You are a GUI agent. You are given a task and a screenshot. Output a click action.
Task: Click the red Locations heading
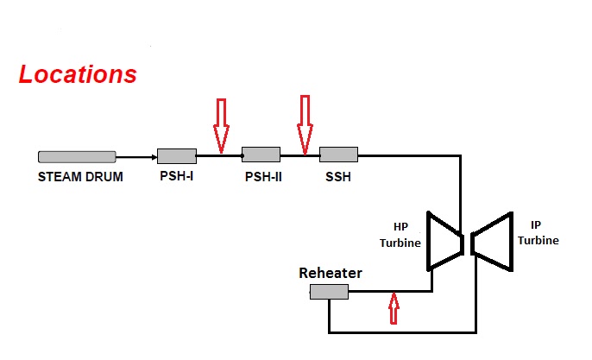point(78,74)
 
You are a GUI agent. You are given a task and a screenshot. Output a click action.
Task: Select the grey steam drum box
point(77,156)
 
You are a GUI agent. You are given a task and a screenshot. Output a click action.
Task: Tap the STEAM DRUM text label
point(80,178)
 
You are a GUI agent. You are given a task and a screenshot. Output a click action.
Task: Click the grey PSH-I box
point(177,156)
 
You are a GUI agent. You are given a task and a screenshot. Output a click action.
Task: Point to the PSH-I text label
point(177,178)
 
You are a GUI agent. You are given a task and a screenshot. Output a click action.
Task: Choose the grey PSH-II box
point(261,155)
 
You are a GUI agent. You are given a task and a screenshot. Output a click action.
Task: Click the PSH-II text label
point(264,178)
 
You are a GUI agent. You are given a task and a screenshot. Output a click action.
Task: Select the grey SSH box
point(338,155)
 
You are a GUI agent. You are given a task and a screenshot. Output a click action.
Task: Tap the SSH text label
point(338,178)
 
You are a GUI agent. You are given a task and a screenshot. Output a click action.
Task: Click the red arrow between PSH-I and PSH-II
point(221,124)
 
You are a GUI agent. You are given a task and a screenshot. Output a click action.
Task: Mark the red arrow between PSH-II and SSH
point(304,123)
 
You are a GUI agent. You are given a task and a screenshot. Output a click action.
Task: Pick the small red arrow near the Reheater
point(394,308)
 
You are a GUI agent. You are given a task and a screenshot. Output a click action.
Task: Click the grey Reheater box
point(329,293)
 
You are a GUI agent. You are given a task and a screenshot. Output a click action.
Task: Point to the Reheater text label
point(331,274)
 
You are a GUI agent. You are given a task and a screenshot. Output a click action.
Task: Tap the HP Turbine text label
point(400,235)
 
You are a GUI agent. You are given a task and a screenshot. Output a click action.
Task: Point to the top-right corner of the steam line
point(460,156)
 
